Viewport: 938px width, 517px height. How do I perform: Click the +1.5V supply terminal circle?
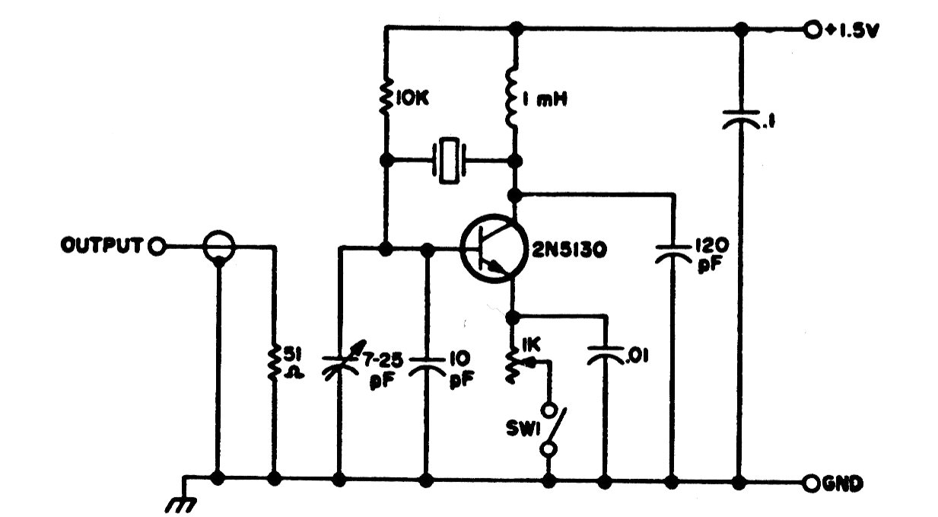[812, 30]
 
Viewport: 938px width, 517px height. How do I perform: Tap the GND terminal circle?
[812, 483]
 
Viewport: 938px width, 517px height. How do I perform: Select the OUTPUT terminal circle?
[157, 247]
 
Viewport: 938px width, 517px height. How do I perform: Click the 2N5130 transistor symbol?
[493, 249]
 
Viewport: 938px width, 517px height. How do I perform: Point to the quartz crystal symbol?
[449, 161]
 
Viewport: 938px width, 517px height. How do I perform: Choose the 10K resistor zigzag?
[386, 96]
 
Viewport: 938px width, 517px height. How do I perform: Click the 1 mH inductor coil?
[513, 98]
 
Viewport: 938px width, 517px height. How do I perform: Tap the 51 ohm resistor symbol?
[274, 363]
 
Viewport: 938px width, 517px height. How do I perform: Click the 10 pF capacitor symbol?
[427, 365]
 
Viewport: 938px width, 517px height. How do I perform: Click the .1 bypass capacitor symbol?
[741, 119]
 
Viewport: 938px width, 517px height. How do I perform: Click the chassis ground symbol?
[182, 501]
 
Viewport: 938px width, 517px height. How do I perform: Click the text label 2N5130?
[569, 250]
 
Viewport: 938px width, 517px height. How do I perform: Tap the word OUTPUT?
[101, 245]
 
